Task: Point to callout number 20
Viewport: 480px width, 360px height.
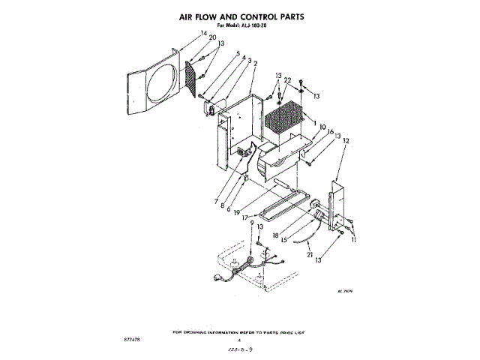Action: click(192, 38)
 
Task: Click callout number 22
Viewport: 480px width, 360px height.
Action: click(288, 80)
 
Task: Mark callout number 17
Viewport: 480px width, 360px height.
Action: click(244, 217)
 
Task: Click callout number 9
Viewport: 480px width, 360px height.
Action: click(252, 223)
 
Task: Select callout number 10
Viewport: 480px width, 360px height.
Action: click(323, 127)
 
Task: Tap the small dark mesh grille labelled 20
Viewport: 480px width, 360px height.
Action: click(191, 77)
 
